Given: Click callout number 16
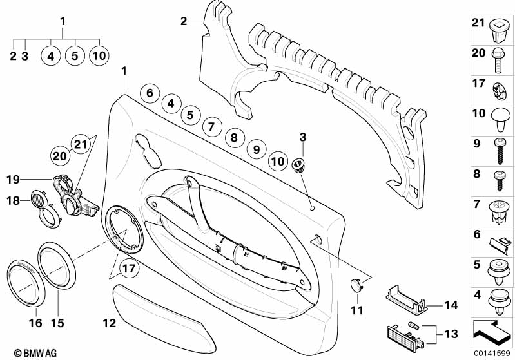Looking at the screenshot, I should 36,322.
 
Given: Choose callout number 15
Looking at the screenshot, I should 58,322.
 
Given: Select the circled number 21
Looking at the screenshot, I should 79,144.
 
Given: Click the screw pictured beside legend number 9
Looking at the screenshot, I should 500,150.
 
